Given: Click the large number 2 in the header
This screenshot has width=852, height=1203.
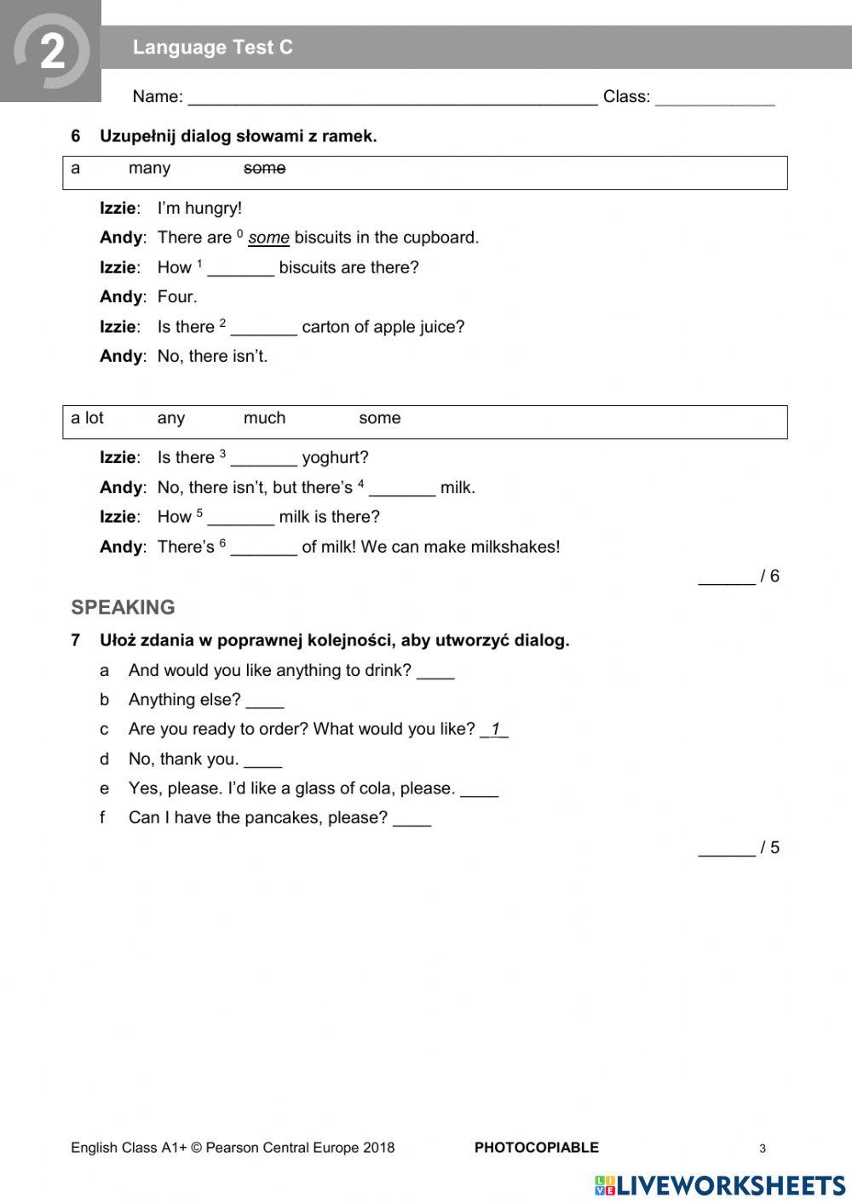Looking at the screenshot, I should (52, 53).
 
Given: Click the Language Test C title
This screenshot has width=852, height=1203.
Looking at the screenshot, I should (212, 48).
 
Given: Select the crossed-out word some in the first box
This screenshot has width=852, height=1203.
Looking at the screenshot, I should (264, 169).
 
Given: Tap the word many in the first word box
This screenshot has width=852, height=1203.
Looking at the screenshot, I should (149, 169).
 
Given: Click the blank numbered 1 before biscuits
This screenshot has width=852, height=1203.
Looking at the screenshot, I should (240, 269).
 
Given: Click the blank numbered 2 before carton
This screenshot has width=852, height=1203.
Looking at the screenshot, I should (263, 329).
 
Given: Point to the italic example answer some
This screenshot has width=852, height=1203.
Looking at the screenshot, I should (268, 238).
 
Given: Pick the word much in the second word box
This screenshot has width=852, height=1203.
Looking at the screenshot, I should (264, 418).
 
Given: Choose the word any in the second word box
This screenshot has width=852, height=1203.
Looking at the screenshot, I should (170, 418).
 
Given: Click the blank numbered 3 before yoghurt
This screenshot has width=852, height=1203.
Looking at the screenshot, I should (263, 460).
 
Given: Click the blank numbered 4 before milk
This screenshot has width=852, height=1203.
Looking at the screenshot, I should (401, 490).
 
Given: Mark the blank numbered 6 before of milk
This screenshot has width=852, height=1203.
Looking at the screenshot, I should (263, 549).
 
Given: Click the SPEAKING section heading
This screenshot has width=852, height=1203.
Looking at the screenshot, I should (123, 607).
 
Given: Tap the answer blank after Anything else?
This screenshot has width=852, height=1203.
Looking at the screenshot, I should (265, 702).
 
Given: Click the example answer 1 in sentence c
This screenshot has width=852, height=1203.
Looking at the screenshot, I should (494, 730).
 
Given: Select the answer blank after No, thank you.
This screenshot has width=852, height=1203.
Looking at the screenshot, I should (262, 761).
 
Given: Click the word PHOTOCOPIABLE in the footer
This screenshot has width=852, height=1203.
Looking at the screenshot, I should (536, 1148).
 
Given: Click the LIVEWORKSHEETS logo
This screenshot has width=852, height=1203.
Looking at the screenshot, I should (720, 1185).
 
